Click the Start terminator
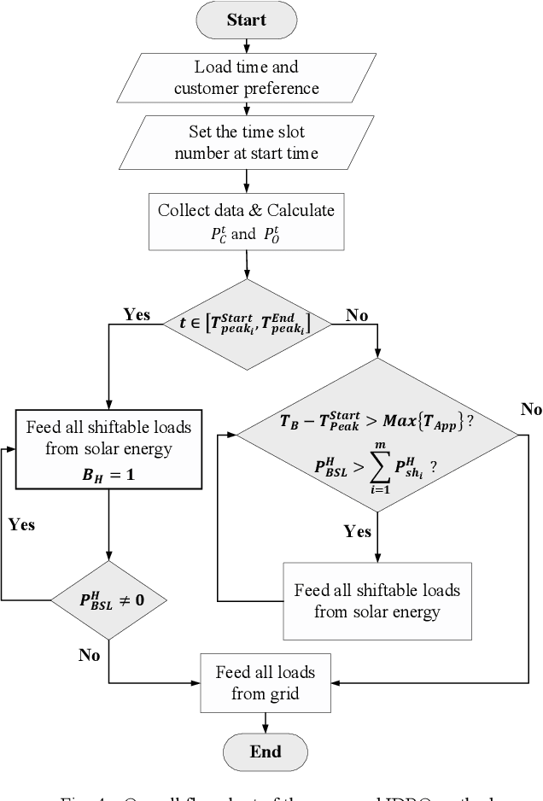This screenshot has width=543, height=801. (x=246, y=20)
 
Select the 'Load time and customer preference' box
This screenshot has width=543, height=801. (x=247, y=78)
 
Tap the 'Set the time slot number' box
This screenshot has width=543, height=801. (x=247, y=142)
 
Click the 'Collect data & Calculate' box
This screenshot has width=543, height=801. (x=247, y=219)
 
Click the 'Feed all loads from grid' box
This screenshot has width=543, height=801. (x=265, y=681)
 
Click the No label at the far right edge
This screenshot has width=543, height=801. (x=531, y=408)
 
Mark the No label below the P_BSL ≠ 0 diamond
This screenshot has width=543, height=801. (x=90, y=655)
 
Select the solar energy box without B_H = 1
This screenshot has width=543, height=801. (x=377, y=600)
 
